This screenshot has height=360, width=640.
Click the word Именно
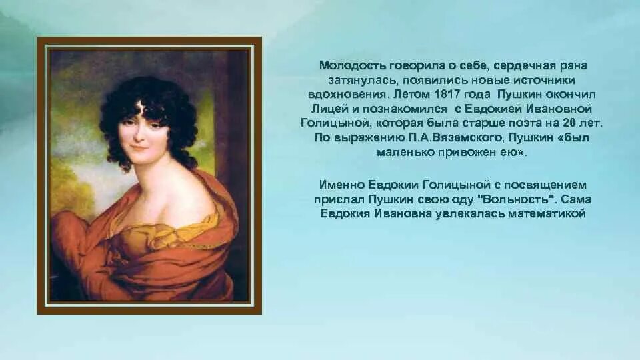point(340,185)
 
